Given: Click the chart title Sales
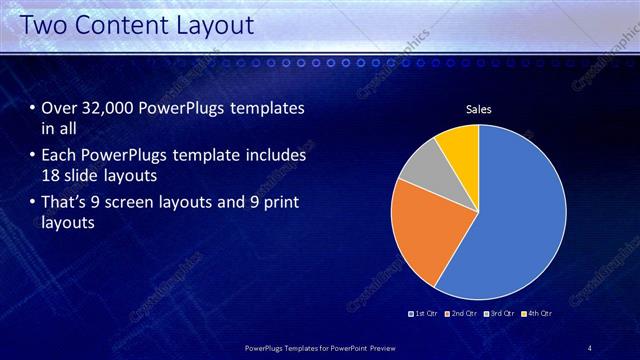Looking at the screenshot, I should pyautogui.click(x=479, y=109).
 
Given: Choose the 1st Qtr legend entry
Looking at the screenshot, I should pyautogui.click(x=423, y=314).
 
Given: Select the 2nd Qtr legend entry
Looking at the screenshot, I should pyautogui.click(x=459, y=314).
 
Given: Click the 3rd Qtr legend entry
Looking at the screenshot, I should pyautogui.click(x=497, y=314).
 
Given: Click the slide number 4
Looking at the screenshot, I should pyautogui.click(x=589, y=348).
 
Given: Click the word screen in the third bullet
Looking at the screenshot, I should pyautogui.click(x=131, y=203).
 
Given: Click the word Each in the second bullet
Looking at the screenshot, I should pyautogui.click(x=59, y=156).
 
